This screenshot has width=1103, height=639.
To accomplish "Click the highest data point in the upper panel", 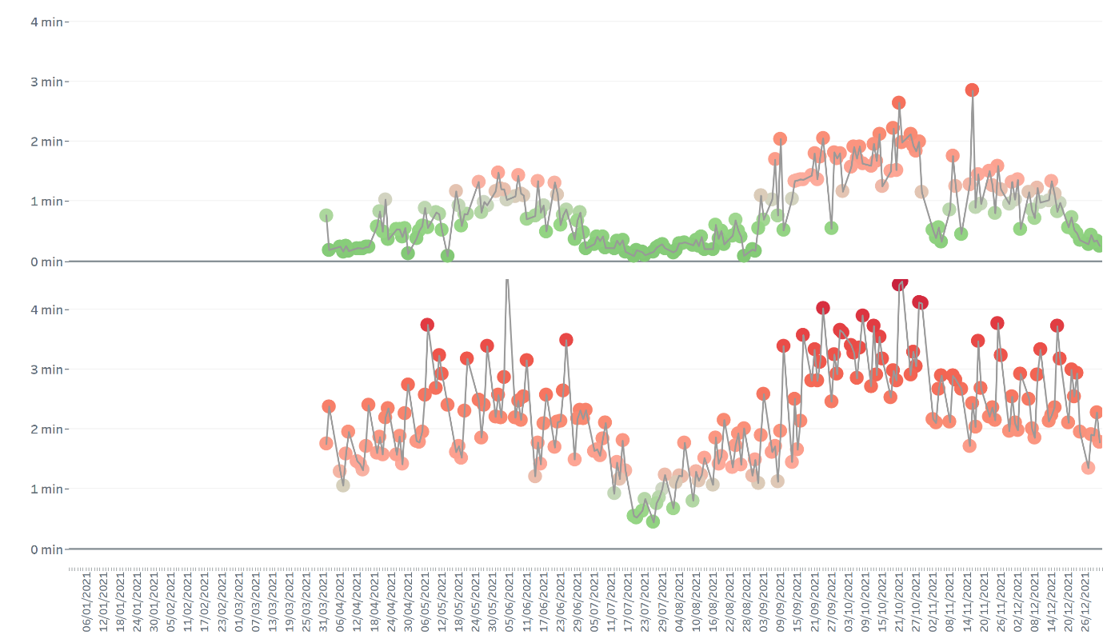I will (x=972, y=90).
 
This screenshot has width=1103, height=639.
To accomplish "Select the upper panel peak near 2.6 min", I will (x=898, y=102).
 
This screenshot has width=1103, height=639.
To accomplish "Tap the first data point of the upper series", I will (x=326, y=215).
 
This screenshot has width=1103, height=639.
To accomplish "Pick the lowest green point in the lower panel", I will (x=653, y=521).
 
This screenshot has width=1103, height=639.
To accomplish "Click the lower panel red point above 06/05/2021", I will (x=427, y=325).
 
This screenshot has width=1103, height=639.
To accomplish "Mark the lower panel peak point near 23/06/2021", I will (x=566, y=340).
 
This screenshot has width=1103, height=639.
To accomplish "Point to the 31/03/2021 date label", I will (x=324, y=600).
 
